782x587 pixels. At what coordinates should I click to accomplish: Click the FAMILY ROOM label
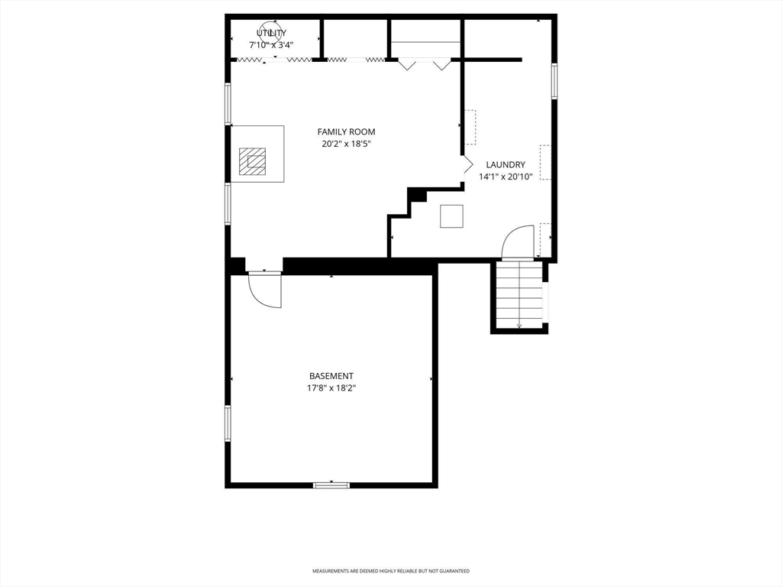[x=346, y=131]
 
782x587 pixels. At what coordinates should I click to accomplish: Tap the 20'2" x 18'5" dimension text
[x=346, y=144]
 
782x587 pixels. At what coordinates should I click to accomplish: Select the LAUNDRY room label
[x=506, y=164]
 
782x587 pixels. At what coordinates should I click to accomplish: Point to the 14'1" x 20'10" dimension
[x=506, y=177]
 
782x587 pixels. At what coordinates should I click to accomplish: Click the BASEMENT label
[x=331, y=376]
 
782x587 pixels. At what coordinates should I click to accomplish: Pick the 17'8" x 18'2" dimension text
[x=331, y=388]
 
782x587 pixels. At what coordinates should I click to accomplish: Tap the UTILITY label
[x=271, y=33]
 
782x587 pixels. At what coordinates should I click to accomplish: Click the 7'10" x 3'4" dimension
[x=271, y=45]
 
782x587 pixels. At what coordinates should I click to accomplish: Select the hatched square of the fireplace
[x=252, y=161]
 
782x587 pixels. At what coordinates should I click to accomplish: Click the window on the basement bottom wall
[x=331, y=485]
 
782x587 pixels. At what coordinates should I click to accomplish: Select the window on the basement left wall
[x=228, y=423]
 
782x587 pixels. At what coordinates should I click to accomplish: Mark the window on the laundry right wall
[x=554, y=81]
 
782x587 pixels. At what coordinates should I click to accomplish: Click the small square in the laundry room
[x=451, y=216]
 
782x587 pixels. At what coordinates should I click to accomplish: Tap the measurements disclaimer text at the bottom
[x=391, y=571]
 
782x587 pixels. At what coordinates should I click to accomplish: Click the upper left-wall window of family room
[x=228, y=104]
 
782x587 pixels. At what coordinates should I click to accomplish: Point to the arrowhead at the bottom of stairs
[x=519, y=326]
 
